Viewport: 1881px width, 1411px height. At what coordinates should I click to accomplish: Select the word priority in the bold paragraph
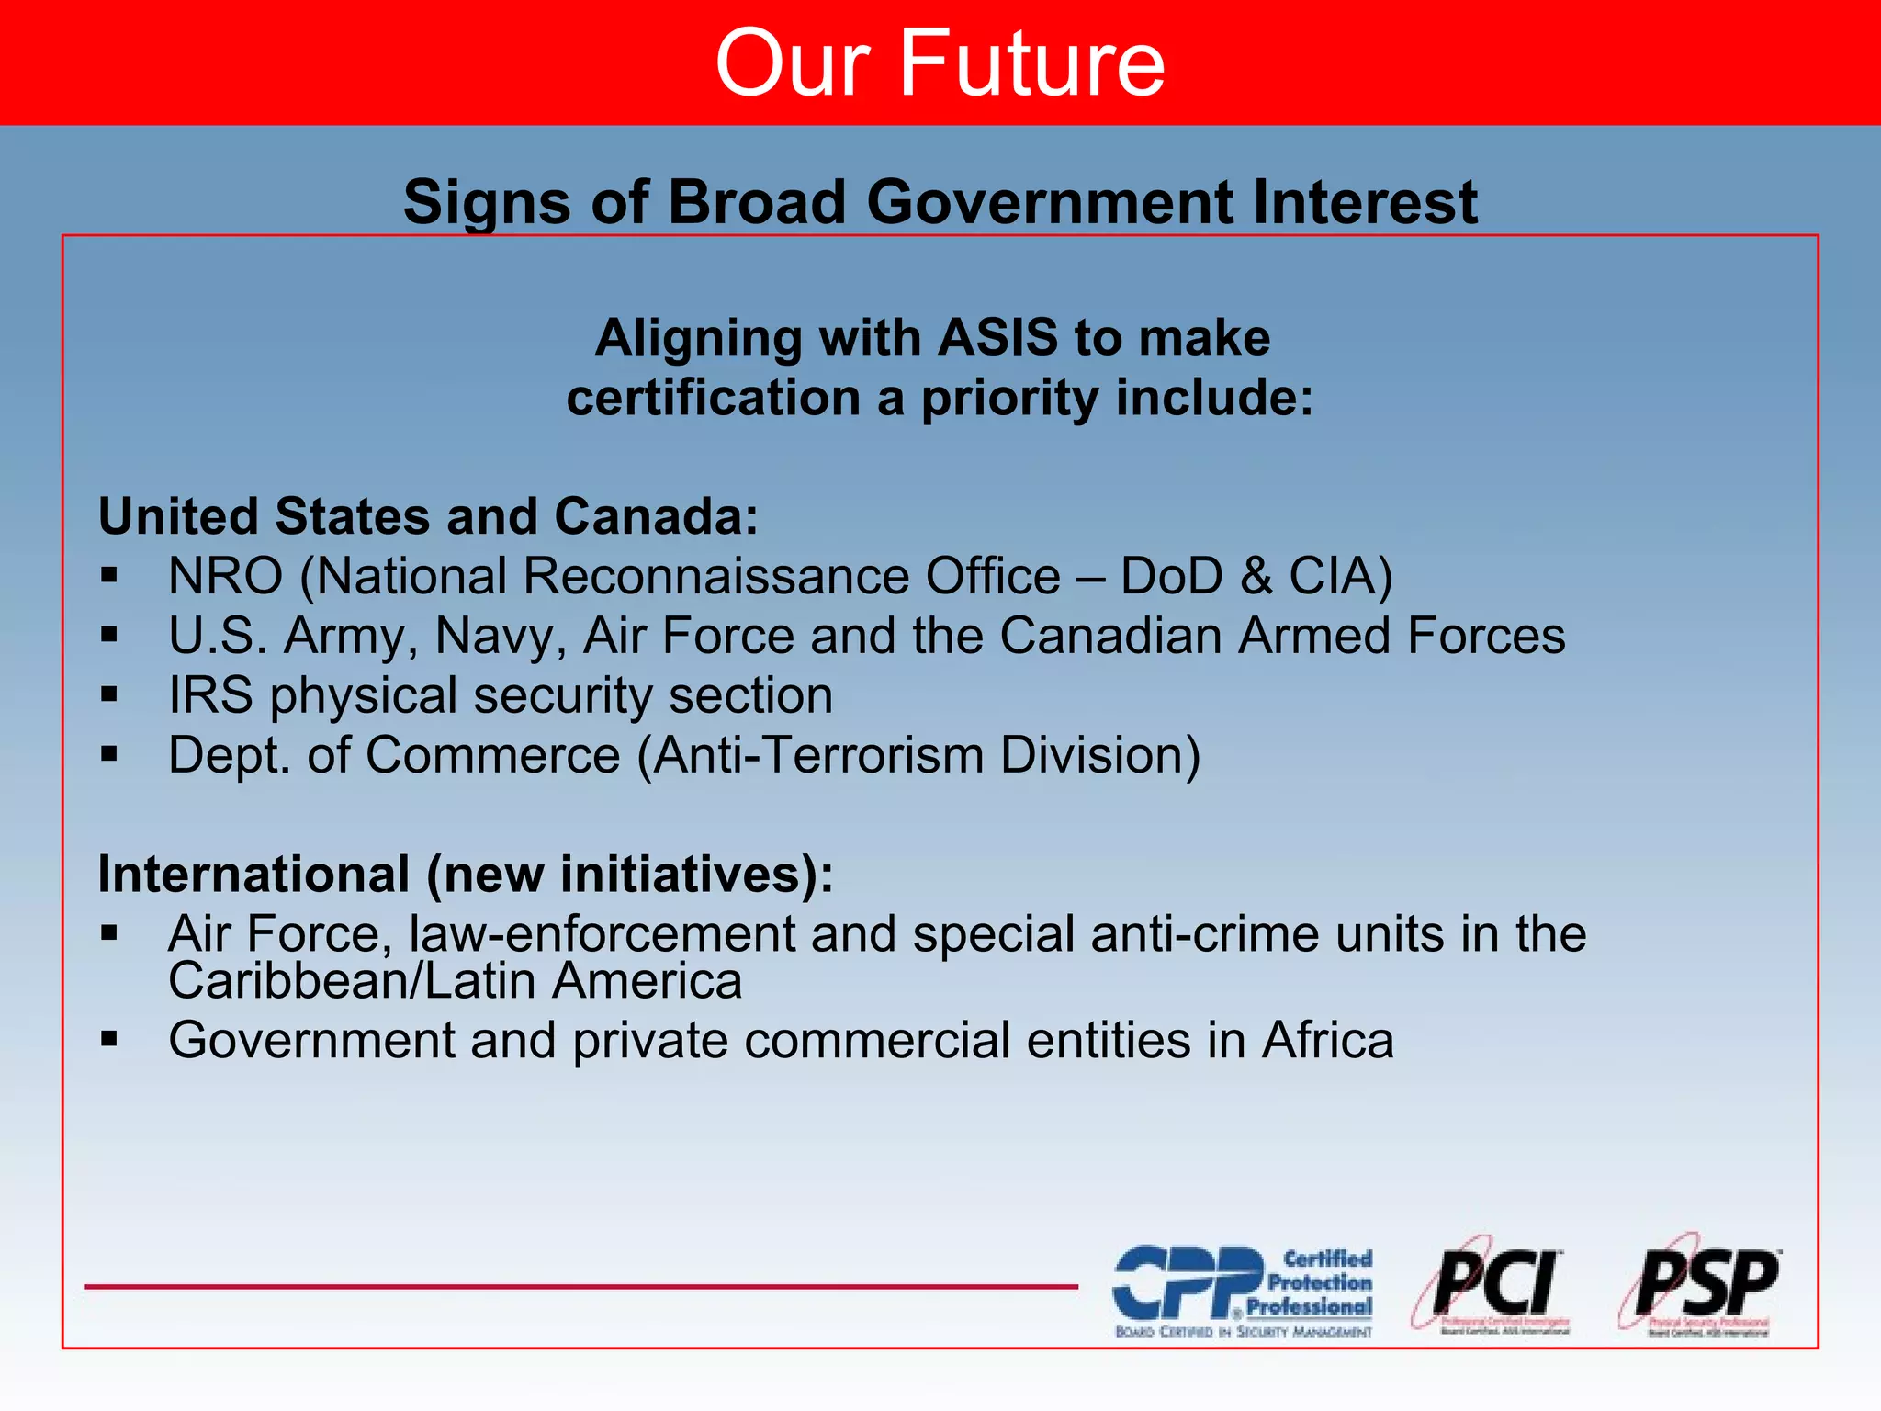[x=1009, y=399]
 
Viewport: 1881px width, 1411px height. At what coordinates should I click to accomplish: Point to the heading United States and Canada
[x=428, y=516]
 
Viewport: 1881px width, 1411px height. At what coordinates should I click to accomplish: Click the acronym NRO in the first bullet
[x=226, y=577]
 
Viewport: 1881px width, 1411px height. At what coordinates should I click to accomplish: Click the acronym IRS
[x=210, y=695]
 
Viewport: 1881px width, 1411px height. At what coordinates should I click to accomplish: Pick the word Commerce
[x=493, y=755]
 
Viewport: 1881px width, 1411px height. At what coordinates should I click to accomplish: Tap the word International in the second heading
[x=253, y=874]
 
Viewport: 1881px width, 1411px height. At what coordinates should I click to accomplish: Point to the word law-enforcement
[x=602, y=934]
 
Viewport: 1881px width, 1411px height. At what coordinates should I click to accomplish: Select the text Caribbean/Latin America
[x=455, y=981]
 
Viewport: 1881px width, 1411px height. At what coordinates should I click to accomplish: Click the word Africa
[x=1327, y=1041]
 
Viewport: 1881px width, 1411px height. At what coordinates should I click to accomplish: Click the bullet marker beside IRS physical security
[x=110, y=695]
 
